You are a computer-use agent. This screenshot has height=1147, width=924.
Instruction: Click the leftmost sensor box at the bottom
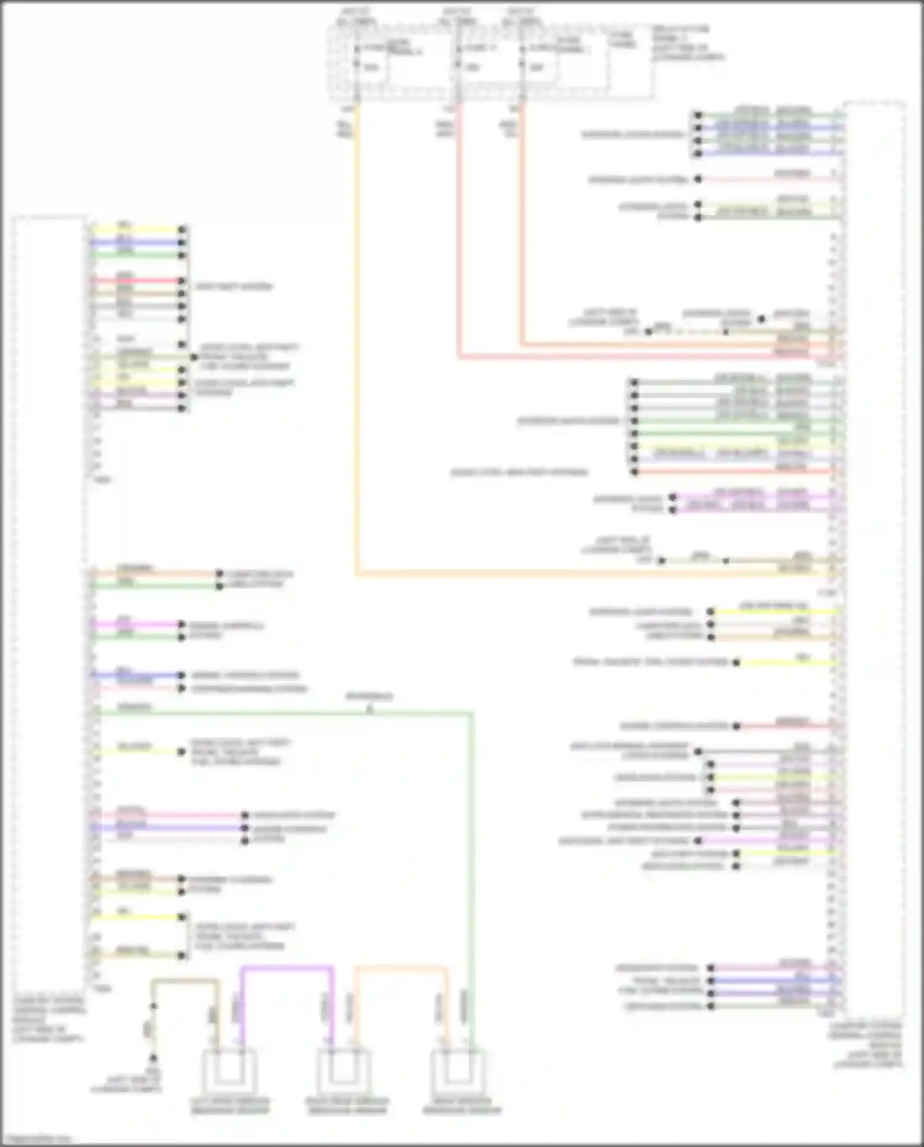pyautogui.click(x=229, y=1073)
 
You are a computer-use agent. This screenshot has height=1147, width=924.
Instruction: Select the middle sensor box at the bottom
pyautogui.click(x=344, y=1073)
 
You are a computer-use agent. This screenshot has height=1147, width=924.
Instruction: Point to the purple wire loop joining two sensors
pyautogui.click(x=287, y=968)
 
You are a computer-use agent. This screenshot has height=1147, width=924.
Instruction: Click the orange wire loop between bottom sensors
pyautogui.click(x=400, y=968)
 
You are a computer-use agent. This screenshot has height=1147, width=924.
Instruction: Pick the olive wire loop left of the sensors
pyautogui.click(x=185, y=980)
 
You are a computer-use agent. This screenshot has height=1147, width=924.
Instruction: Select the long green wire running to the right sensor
pyautogui.click(x=472, y=863)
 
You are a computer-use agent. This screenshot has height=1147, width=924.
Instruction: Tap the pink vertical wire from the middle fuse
pyautogui.click(x=459, y=247)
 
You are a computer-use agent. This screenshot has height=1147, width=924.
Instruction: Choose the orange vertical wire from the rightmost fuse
pyautogui.click(x=522, y=234)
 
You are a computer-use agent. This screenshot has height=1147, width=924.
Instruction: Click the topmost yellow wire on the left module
pyautogui.click(x=136, y=230)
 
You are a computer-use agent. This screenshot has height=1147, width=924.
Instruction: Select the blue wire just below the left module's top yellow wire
pyautogui.click(x=136, y=242)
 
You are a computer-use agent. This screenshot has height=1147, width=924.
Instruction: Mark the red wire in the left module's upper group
pyautogui.click(x=136, y=280)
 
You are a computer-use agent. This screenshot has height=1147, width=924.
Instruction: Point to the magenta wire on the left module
pyautogui.click(x=136, y=624)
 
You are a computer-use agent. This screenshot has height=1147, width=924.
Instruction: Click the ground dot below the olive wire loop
pyautogui.click(x=153, y=1058)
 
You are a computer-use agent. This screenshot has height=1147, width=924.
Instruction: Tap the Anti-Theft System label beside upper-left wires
pyautogui.click(x=233, y=287)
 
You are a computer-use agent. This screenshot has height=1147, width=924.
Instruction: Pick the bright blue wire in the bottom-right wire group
pyautogui.click(x=776, y=980)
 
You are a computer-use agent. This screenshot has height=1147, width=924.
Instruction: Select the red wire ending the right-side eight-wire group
pyautogui.click(x=739, y=472)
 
